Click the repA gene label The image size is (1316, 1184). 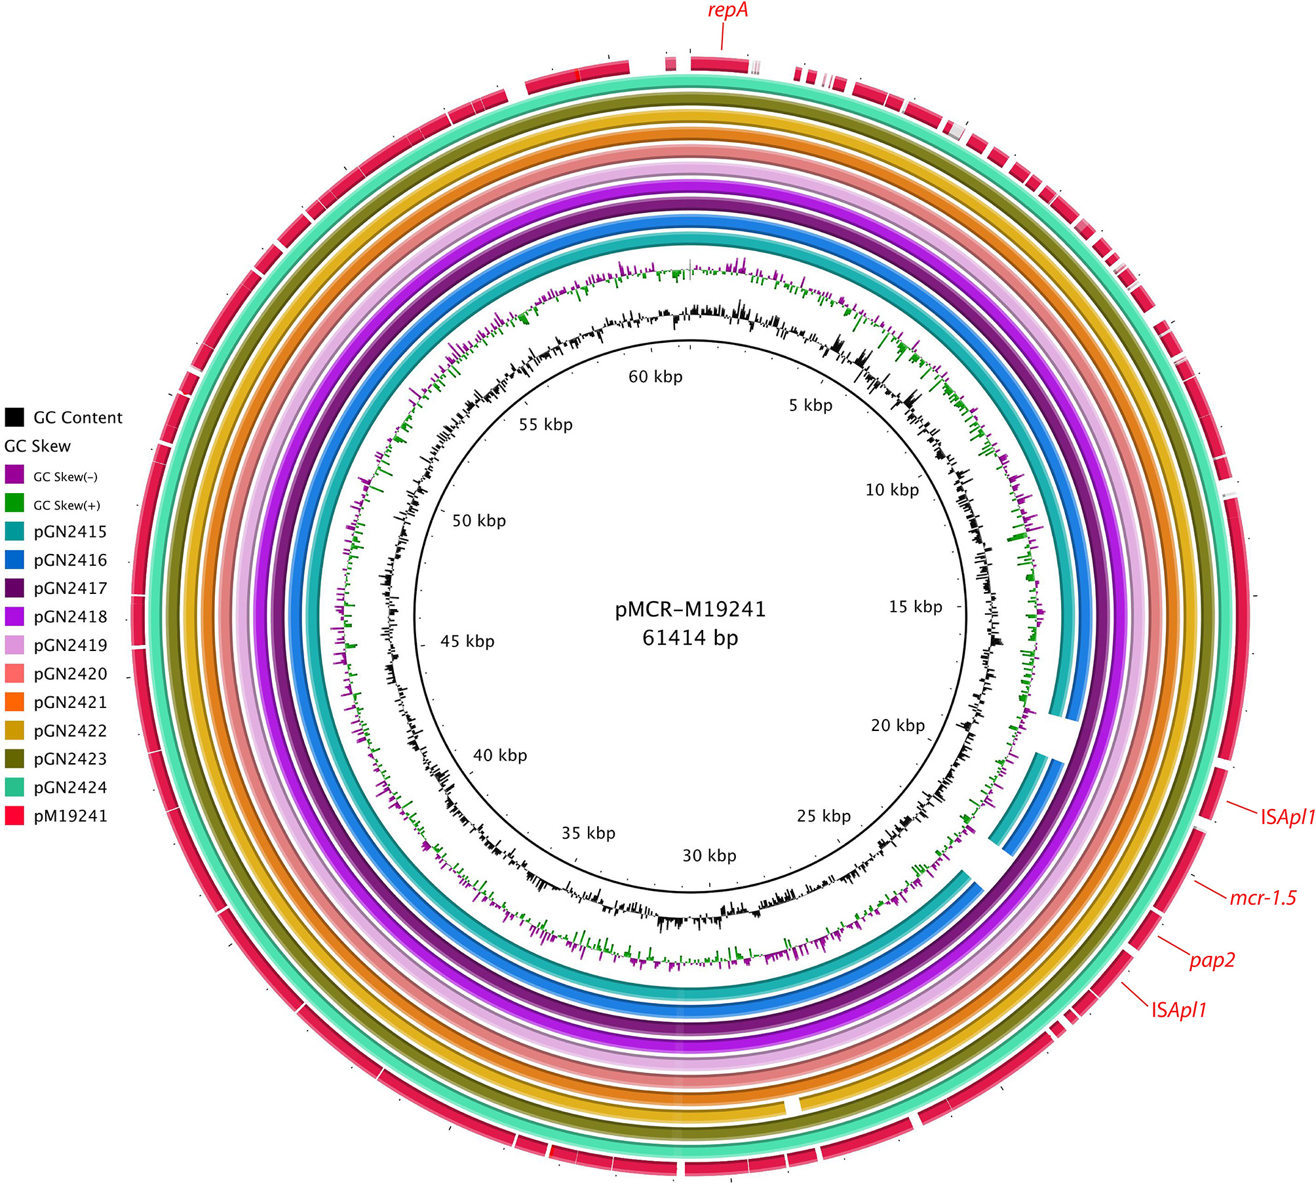coord(727,11)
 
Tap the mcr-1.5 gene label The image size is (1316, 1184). coord(1262,898)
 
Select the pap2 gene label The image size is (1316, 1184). coord(1212,960)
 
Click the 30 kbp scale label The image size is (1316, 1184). coord(709,856)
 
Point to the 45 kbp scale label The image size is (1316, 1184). coord(467,641)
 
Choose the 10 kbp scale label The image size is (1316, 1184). coord(892,490)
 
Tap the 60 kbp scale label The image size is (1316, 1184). coord(655,377)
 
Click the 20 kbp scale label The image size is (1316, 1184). coord(897,726)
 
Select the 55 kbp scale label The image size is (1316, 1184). coord(545,425)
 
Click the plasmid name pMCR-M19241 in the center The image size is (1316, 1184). coord(690,610)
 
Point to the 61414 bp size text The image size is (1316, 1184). coord(690,638)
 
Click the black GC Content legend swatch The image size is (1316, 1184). coord(14,417)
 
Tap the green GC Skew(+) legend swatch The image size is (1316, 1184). coord(14,503)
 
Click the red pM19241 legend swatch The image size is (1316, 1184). coord(14,816)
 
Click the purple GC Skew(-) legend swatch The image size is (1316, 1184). coord(14,475)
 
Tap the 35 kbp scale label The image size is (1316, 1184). coord(588,833)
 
